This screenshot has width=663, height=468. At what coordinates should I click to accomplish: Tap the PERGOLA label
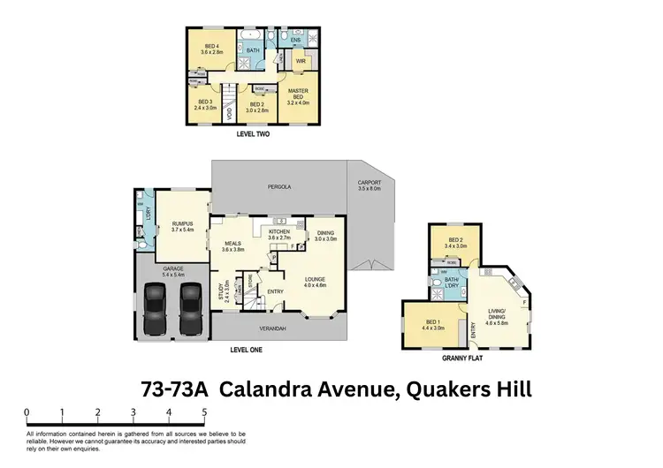coord(280,187)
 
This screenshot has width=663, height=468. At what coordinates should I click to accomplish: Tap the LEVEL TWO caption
coord(253,135)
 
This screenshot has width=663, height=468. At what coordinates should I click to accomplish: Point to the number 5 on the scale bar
coord(203,411)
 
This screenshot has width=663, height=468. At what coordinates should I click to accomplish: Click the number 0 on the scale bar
coord(27,411)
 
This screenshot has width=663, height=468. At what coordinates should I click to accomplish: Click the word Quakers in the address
coord(437,389)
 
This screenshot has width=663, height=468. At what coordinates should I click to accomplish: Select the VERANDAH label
coord(272,328)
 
